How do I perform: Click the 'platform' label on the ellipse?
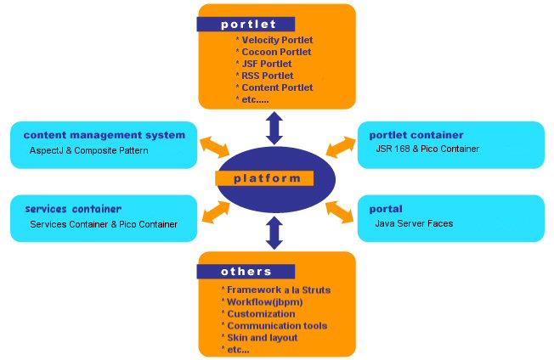click(x=267, y=178)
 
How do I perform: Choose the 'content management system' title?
click(x=104, y=135)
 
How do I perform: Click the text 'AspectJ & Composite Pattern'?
click(x=89, y=150)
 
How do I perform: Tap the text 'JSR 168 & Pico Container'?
click(x=427, y=149)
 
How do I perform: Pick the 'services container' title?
click(x=73, y=209)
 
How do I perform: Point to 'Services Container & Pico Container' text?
click(x=104, y=224)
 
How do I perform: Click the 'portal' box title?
click(x=387, y=209)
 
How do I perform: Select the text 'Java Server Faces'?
click(x=414, y=223)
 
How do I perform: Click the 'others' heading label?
click(x=246, y=272)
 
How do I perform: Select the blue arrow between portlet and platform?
click(x=274, y=127)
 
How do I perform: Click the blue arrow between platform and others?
click(x=274, y=232)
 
